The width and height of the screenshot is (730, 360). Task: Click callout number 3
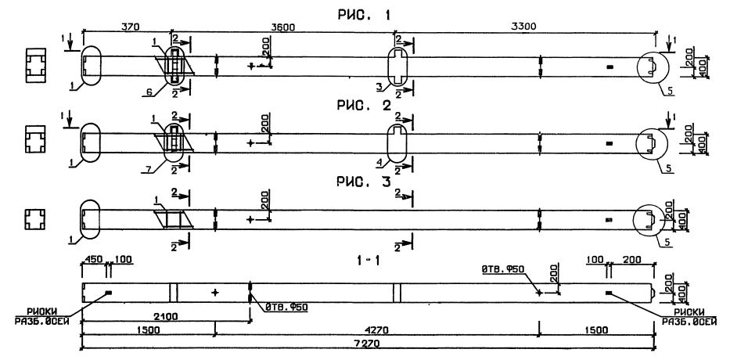click(x=379, y=86)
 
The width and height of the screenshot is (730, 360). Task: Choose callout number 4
click(x=379, y=161)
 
